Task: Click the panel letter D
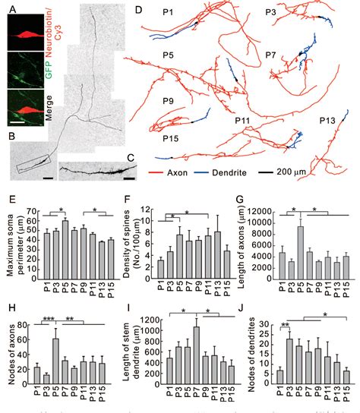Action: tap(137, 11)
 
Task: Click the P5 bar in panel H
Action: tap(54, 357)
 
